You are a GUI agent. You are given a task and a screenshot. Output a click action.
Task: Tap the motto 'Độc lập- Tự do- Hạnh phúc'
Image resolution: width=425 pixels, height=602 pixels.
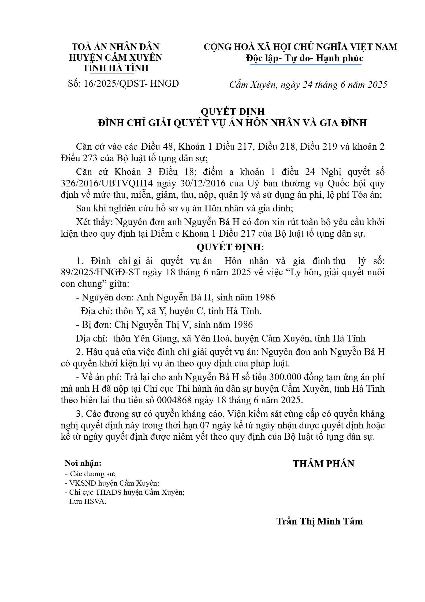[305, 58]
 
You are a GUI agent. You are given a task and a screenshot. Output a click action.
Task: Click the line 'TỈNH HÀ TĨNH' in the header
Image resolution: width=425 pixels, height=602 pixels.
[115, 68]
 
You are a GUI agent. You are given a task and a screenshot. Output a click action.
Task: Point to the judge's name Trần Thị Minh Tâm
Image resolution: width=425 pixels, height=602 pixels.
[319, 521]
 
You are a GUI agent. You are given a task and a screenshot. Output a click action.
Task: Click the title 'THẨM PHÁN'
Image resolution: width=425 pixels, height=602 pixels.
[323, 464]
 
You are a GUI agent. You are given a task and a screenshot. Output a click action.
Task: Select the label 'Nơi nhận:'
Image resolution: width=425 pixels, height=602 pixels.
[83, 463]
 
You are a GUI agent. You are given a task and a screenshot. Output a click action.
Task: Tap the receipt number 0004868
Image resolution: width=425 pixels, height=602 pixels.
[174, 400]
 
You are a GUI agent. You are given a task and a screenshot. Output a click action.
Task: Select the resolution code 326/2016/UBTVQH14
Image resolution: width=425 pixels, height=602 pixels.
[107, 183]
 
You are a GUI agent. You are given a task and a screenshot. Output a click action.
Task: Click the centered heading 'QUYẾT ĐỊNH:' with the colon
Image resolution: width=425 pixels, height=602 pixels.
[230, 247]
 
